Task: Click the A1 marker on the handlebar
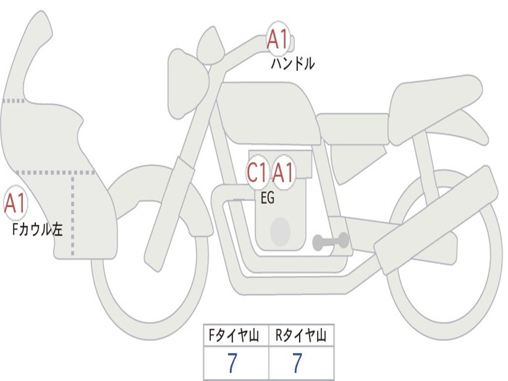point(278,39)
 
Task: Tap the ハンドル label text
point(293,64)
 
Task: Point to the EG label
point(267,198)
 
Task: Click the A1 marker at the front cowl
point(15,203)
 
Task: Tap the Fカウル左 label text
point(38,229)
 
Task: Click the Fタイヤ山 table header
point(236,336)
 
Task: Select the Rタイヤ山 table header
point(301,336)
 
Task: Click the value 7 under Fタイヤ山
point(232,364)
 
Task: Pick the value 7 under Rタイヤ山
point(297,364)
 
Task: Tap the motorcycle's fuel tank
point(268,112)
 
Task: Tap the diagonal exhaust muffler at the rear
point(437,218)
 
